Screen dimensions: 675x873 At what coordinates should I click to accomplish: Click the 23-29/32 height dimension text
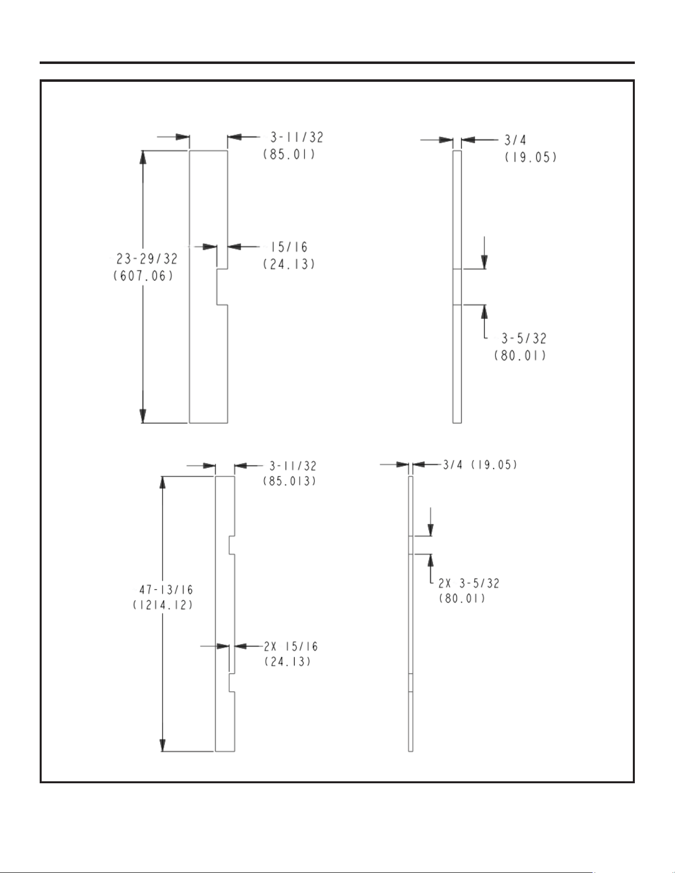click(x=147, y=259)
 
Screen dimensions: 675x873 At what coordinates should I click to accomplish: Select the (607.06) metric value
click(x=144, y=276)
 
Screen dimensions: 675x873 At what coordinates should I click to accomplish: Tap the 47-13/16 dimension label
click(x=166, y=590)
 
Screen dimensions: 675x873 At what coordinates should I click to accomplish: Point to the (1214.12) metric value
click(x=163, y=605)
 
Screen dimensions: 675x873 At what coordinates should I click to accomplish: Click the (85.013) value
click(x=290, y=481)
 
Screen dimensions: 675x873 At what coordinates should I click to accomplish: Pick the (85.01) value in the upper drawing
click(x=289, y=154)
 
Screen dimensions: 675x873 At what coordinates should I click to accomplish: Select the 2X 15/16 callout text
click(x=291, y=646)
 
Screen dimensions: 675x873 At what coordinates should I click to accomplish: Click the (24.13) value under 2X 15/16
click(x=288, y=661)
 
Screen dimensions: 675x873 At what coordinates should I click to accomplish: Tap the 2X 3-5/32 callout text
click(x=469, y=583)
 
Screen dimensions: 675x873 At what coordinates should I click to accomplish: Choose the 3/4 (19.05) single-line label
click(x=480, y=465)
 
